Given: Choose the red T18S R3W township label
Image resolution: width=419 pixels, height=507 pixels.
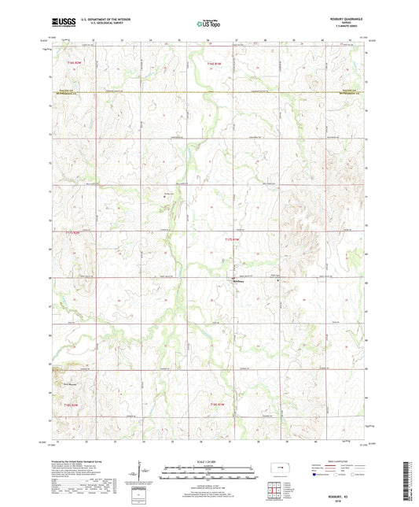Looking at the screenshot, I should coord(218,404).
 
